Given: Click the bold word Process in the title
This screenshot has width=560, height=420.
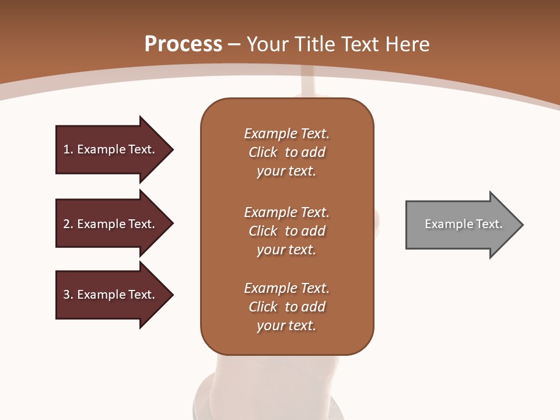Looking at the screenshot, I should click(x=183, y=44).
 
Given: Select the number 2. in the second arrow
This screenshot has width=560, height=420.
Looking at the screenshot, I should click(x=68, y=224).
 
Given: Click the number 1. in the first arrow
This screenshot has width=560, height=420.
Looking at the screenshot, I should click(x=68, y=149).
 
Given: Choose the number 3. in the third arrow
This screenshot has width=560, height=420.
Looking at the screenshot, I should click(x=68, y=295).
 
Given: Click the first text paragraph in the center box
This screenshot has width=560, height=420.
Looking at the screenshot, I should click(x=286, y=152).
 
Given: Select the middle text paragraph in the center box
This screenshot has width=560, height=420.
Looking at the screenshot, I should click(x=286, y=231).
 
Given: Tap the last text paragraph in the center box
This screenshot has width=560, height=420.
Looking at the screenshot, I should click(x=286, y=307).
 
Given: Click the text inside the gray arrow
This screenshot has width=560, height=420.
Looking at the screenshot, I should click(x=463, y=224).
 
